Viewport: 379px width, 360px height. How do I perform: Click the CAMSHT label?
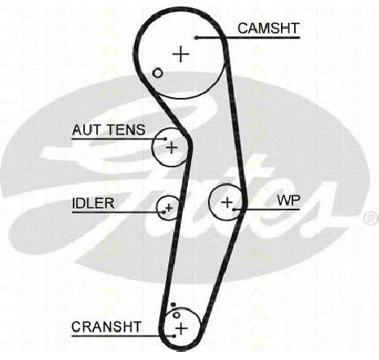(x=269, y=29)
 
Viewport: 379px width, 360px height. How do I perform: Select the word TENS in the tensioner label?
(x=126, y=130)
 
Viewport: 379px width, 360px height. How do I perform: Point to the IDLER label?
(x=93, y=203)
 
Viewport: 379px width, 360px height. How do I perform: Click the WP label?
(x=288, y=201)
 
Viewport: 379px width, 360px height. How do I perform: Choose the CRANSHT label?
(x=106, y=327)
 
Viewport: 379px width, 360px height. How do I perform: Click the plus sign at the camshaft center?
(x=181, y=54)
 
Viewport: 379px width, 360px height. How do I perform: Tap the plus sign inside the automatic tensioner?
(x=172, y=147)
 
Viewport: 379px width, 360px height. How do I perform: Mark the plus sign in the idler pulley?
(x=169, y=207)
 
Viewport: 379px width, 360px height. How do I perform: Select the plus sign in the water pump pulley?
(x=227, y=202)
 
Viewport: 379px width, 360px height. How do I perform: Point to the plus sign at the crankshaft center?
(x=181, y=328)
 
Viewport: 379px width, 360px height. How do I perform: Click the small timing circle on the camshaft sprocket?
(x=158, y=73)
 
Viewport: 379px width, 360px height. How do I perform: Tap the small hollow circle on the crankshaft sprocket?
(x=176, y=315)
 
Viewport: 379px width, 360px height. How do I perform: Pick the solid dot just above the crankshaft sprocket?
(x=173, y=304)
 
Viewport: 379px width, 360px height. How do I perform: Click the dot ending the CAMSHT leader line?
(x=196, y=38)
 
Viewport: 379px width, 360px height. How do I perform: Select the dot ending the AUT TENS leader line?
(x=165, y=139)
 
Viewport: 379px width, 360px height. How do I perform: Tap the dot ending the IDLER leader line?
(x=163, y=212)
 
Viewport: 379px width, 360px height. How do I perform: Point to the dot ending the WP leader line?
(x=234, y=209)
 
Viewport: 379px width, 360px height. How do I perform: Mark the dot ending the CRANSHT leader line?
(x=174, y=336)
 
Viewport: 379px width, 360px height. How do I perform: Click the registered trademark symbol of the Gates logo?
(x=371, y=218)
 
